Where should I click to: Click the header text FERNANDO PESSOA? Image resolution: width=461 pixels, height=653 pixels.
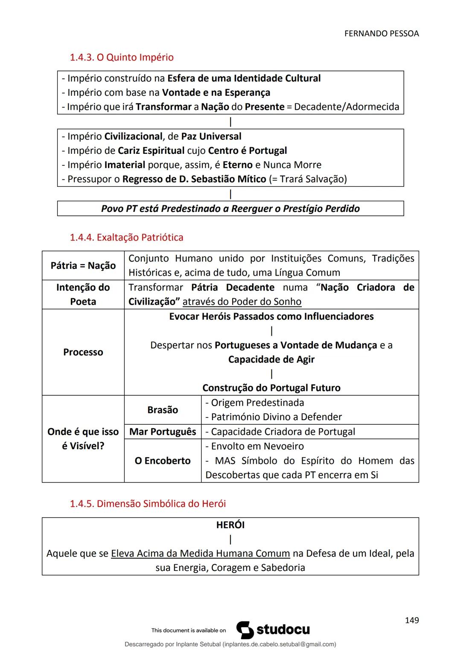tap(381, 33)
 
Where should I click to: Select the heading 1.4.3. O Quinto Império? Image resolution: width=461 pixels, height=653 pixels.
tap(122, 57)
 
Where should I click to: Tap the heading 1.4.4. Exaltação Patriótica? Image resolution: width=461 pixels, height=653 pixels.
tap(126, 237)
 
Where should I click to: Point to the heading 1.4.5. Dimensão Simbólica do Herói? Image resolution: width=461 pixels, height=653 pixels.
tap(148, 503)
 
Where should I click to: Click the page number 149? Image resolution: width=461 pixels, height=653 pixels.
tap(411, 620)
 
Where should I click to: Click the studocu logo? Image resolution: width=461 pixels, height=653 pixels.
tap(273, 630)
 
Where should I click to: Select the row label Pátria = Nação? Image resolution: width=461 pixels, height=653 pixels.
tap(83, 265)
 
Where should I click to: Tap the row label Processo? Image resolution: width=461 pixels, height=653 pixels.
tap(83, 352)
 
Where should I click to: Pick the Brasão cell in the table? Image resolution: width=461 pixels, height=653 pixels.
tap(162, 410)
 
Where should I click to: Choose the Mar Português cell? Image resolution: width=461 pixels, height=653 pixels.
tap(163, 432)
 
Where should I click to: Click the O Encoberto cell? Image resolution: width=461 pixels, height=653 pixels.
tap(162, 461)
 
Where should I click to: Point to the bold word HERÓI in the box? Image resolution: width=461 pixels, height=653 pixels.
tap(230, 525)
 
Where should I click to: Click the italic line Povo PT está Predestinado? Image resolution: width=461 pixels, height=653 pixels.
tap(230, 209)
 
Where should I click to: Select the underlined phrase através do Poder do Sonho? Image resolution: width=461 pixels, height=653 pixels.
tap(242, 302)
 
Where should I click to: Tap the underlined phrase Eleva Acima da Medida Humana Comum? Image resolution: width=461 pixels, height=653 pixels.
tap(200, 553)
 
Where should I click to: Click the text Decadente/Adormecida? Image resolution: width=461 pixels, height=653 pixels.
tap(347, 107)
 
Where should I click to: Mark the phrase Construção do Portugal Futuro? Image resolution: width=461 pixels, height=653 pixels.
tap(271, 388)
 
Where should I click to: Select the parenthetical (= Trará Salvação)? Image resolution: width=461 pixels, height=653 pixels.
tap(308, 179)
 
